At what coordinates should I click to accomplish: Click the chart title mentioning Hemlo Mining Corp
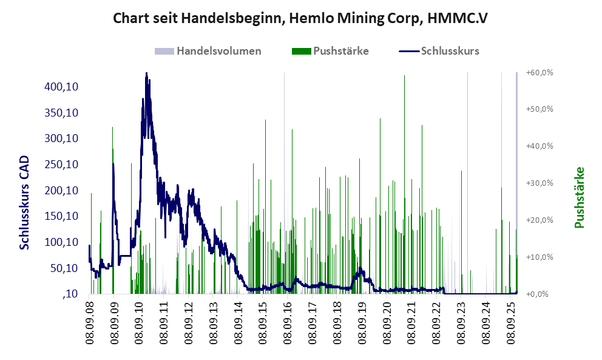300,19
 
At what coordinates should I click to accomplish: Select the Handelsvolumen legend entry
218,51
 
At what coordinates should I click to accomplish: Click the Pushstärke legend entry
340,51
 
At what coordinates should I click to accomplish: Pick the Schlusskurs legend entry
450,51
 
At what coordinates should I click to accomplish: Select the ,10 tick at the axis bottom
71,294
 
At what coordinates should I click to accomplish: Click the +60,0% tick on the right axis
539,73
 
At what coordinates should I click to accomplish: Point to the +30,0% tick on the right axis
539,183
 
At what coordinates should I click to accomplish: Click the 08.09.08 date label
90,322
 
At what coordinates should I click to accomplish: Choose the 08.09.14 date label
238,322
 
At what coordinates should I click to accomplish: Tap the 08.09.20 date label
387,322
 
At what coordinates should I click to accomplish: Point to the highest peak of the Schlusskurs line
146,73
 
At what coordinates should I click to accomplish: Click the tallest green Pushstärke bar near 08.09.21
404,76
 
